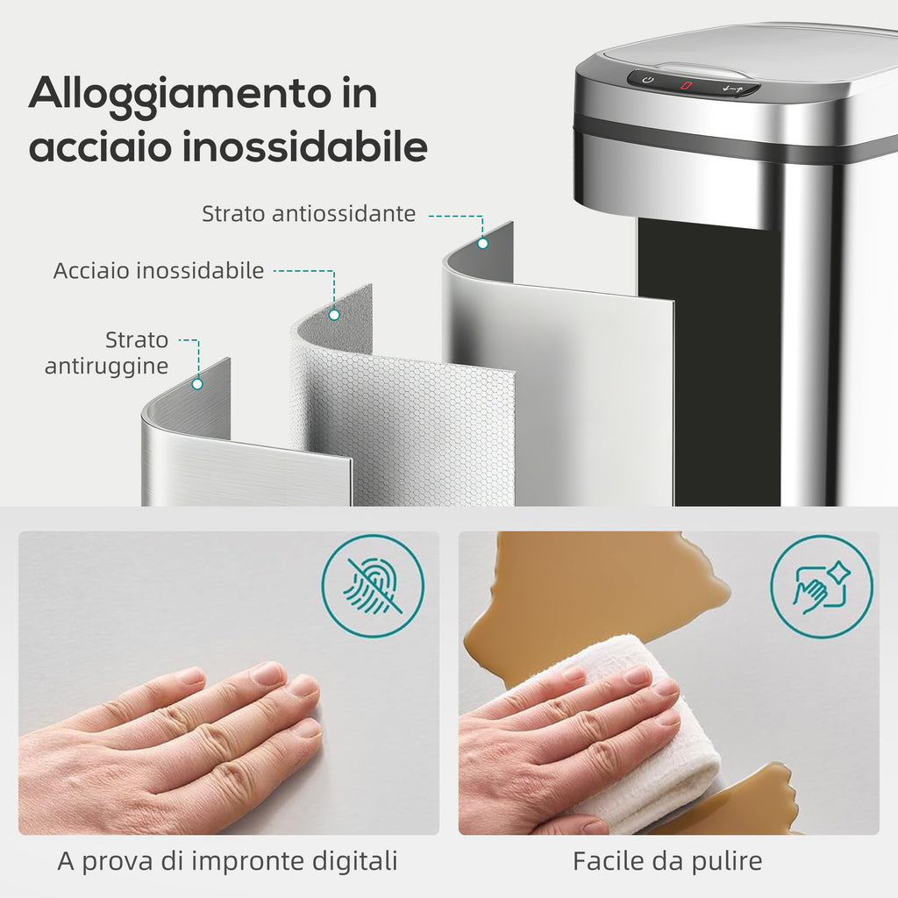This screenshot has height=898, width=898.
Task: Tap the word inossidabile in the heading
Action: (305, 146)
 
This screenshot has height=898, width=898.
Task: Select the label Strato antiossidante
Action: (309, 214)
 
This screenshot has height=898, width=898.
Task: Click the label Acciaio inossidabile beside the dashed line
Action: (159, 270)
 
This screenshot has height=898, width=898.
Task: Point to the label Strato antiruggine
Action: (107, 353)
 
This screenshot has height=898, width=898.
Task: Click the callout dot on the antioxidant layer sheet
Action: (483, 244)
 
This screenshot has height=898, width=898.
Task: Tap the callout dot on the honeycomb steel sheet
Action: (334, 315)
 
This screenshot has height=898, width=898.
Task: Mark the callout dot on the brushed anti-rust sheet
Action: (197, 384)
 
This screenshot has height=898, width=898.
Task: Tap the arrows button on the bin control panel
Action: (732, 89)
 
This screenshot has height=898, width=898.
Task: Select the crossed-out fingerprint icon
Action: (373, 587)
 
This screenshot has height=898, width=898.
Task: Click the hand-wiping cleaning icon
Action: (821, 587)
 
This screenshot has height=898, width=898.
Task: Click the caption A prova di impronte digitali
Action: (227, 861)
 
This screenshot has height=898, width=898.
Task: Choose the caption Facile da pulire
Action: (667, 861)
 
